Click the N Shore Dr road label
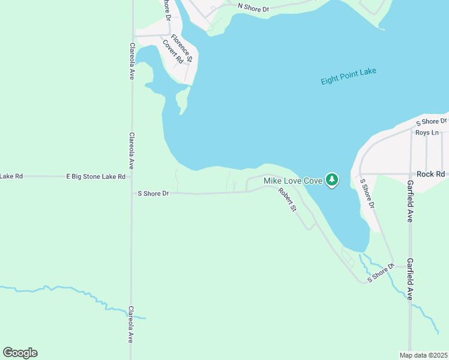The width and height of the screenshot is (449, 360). point(254,7)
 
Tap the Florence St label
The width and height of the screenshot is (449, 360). point(181,48)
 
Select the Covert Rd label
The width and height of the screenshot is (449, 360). point(172,52)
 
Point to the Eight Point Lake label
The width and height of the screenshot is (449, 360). point(348,76)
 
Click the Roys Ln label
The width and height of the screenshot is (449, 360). point(427,133)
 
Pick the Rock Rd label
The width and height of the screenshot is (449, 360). point(432,174)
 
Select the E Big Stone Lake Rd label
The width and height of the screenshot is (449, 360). point(95,176)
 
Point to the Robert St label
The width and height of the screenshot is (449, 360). point(287,200)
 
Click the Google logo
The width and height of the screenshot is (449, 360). point(20,353)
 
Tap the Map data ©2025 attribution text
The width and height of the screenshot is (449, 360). point(424,355)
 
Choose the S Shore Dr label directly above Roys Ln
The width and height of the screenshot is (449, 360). point(432,122)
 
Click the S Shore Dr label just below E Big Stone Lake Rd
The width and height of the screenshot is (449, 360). point(154,193)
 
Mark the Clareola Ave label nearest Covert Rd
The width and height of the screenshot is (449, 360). point(131,61)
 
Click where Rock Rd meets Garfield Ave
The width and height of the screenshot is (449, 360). point(411,174)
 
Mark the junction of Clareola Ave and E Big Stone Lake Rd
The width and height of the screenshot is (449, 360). point(131,176)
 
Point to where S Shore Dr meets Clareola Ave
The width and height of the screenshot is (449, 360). point(131,193)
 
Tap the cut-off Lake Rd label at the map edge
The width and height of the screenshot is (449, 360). point(11,176)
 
